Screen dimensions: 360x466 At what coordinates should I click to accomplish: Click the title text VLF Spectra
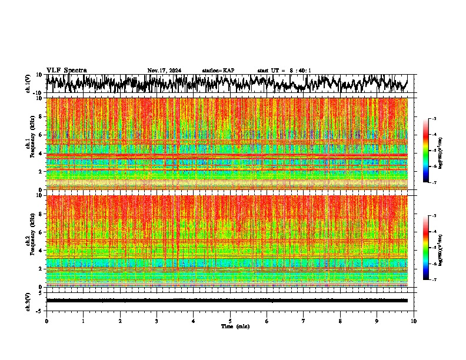66,70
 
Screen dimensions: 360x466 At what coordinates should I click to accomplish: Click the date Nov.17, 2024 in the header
164,71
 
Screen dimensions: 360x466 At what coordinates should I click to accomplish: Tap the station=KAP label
218,71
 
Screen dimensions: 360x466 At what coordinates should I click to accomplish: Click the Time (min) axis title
235,326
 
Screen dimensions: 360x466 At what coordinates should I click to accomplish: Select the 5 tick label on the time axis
230,321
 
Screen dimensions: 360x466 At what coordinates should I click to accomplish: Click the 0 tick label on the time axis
46,321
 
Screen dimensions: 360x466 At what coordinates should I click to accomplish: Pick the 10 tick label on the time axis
414,321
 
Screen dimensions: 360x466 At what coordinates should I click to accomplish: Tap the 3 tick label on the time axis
157,321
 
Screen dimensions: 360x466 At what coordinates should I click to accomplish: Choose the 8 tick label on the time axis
340,321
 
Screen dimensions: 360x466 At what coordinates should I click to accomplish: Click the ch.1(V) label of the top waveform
28,84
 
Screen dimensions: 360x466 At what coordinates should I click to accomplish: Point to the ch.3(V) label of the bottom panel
28,300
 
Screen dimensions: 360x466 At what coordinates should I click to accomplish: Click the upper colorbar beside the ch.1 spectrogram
432,151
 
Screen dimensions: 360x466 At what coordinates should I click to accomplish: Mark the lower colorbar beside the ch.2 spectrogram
432,248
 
